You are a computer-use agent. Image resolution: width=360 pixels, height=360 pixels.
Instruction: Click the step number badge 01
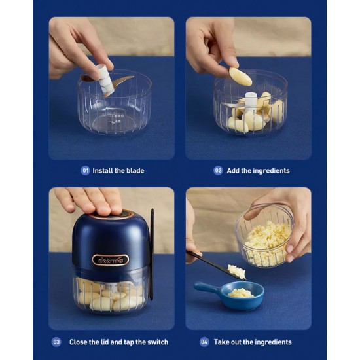point(85,171)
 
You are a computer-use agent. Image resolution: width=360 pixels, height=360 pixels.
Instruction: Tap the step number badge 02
point(218,171)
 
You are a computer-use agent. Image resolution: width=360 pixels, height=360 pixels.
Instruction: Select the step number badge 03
point(56,342)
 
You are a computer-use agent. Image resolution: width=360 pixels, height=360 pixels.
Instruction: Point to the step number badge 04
point(204,342)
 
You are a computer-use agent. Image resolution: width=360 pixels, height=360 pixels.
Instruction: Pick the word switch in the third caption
point(158,342)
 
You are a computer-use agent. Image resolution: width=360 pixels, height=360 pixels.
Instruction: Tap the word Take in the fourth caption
point(221,342)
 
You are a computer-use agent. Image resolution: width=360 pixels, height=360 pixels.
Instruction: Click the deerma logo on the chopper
point(111,260)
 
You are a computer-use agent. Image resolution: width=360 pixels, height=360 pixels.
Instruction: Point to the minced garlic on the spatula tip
point(236,272)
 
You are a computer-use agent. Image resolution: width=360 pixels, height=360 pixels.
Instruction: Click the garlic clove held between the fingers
point(240,77)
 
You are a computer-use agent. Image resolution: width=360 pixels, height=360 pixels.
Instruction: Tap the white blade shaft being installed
point(105,79)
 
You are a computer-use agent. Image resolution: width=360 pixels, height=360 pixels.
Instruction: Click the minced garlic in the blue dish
point(241,293)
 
